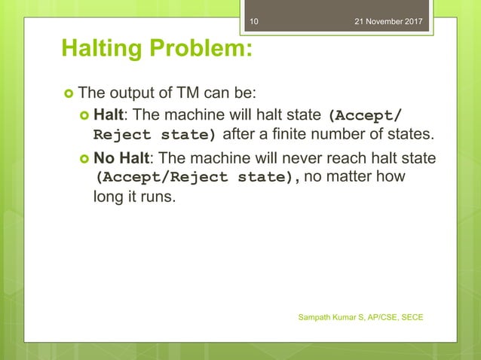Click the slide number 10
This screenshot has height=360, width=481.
point(253,21)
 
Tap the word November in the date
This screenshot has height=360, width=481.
point(388,21)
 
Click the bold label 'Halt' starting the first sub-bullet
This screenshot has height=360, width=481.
point(107,116)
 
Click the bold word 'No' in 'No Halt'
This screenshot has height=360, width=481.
point(103,160)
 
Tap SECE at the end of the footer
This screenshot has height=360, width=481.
point(412,317)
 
